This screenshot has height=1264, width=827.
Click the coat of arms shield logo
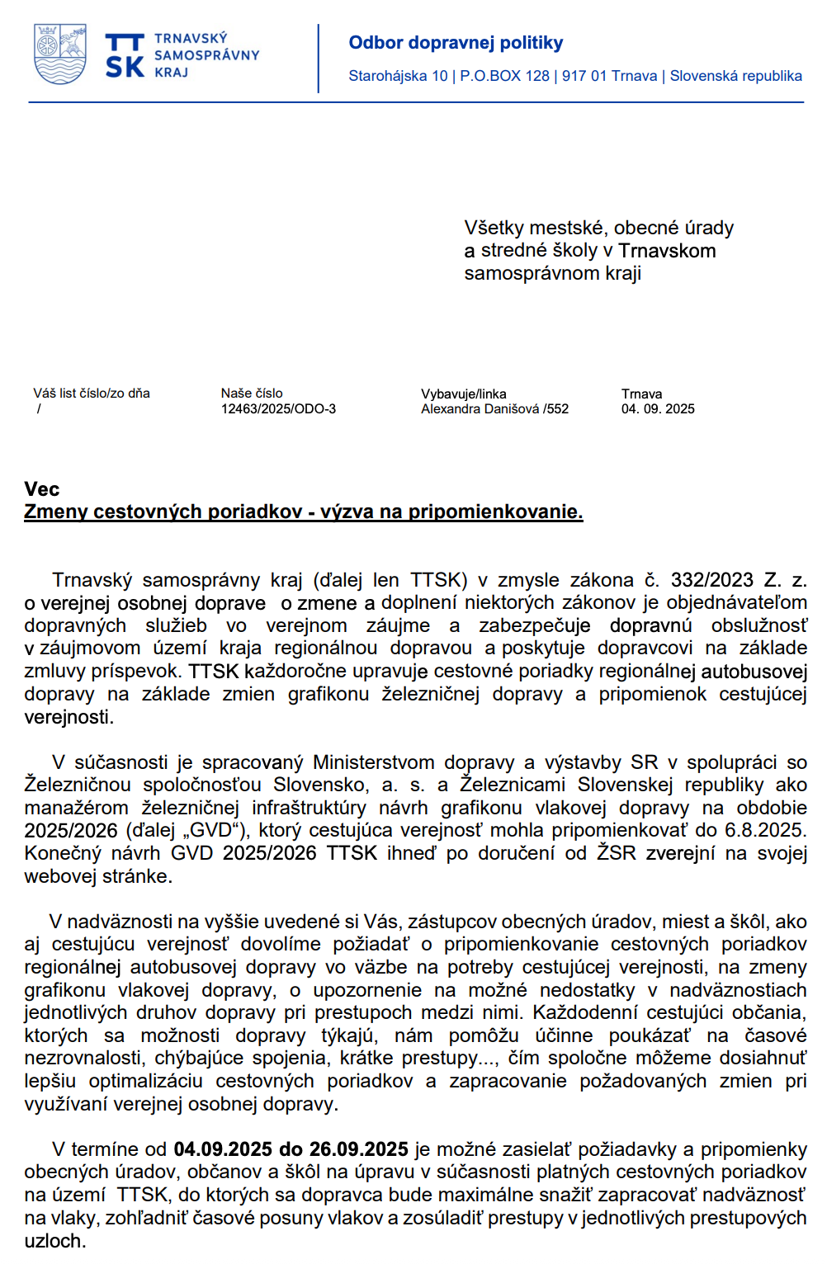[60, 54]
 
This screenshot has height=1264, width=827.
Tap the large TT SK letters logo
[125, 56]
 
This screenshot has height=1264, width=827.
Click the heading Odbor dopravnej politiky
[456, 43]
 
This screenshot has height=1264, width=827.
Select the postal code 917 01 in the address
[584, 76]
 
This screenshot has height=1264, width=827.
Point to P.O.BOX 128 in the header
[504, 76]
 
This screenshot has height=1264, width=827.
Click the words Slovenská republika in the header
[735, 76]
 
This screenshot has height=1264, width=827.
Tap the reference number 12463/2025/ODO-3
[278, 409]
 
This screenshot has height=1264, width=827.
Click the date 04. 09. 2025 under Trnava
[658, 409]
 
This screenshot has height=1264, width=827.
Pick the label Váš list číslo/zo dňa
[92, 394]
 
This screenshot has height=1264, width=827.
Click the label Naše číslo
[252, 394]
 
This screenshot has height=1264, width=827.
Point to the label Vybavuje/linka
[463, 394]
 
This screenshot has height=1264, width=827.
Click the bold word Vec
[42, 489]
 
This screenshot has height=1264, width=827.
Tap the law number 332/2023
[711, 581]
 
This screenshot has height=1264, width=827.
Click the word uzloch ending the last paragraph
[54, 1241]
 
